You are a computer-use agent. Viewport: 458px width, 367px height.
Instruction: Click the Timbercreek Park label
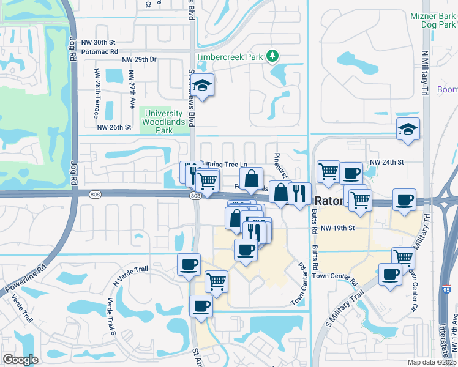(x=229, y=57)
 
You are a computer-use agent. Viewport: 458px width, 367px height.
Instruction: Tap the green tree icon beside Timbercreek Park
(x=272, y=57)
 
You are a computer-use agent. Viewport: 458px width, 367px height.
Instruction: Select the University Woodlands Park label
(x=162, y=122)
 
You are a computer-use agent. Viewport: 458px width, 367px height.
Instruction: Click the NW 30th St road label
(x=101, y=42)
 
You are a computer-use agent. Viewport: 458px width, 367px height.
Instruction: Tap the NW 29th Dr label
(x=140, y=60)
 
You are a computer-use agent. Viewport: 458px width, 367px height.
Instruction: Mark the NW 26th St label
(x=114, y=127)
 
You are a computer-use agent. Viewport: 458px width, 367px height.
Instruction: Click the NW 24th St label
(x=387, y=162)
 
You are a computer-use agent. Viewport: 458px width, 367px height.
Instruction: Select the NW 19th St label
(x=338, y=228)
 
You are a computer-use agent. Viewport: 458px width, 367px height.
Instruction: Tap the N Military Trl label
(x=424, y=72)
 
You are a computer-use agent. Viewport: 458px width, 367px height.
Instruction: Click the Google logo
(x=21, y=360)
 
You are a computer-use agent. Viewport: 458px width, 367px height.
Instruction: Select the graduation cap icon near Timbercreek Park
(x=204, y=86)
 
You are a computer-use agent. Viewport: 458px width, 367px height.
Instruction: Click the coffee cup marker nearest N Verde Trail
(x=189, y=264)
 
